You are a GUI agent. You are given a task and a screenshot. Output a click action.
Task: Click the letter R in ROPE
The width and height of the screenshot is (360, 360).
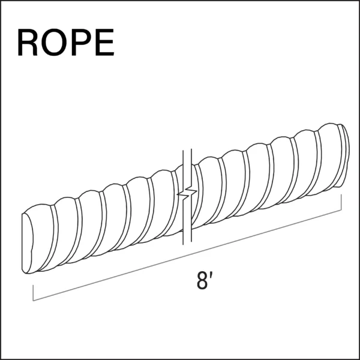pyautogui.click(x=28, y=42)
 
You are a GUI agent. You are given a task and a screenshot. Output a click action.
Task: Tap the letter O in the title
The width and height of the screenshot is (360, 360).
pyautogui.click(x=54, y=42)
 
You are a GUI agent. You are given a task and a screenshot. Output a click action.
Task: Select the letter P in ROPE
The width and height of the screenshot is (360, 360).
pyautogui.click(x=82, y=42)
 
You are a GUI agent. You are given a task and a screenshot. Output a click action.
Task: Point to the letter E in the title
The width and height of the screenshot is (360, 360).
pyautogui.click(x=104, y=42)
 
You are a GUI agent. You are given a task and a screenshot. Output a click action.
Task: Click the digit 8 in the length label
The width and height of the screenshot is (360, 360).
pyautogui.click(x=202, y=280)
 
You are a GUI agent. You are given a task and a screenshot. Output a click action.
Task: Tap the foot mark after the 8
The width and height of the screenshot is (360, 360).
pyautogui.click(x=211, y=275)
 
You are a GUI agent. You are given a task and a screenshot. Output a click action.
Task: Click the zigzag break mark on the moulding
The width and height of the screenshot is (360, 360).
pyautogui.click(x=187, y=193)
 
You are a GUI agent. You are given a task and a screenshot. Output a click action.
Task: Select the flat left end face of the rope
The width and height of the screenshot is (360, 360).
pyautogui.click(x=27, y=244)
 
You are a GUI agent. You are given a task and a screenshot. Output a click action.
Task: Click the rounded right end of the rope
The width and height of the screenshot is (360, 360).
pyautogui.click(x=344, y=155)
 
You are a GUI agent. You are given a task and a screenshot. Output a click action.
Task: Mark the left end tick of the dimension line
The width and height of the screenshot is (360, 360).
pyautogui.click(x=33, y=293)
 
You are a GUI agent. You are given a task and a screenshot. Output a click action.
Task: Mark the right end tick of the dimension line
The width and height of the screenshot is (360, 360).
pyautogui.click(x=341, y=202)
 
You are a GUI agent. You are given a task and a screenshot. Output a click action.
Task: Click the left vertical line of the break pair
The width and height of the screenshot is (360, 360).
pyautogui.click(x=183, y=197)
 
